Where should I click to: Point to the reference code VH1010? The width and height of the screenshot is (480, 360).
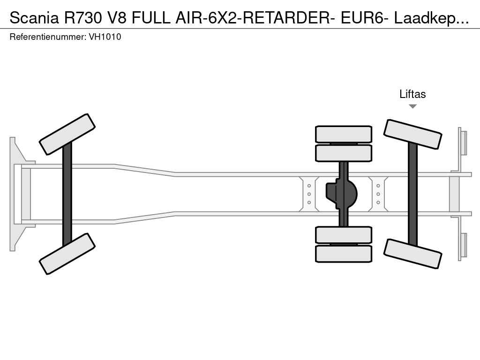(105, 37)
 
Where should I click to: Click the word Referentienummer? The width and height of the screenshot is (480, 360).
(47, 37)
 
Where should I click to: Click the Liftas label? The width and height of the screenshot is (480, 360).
(412, 94)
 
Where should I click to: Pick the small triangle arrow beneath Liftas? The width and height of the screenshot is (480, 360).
(412, 106)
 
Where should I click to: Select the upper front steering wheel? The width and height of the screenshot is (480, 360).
(67, 134)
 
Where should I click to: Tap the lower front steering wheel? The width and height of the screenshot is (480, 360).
(67, 254)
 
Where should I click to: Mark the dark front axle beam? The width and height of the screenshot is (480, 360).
(67, 194)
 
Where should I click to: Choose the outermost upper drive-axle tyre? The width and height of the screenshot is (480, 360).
(344, 134)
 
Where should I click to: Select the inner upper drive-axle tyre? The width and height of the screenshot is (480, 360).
(344, 153)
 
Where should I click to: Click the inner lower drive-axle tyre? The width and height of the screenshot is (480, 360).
(344, 235)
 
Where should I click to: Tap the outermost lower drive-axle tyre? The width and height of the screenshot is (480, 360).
(344, 254)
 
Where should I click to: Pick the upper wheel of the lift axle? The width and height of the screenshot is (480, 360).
(412, 134)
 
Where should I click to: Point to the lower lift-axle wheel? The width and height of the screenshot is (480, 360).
(412, 254)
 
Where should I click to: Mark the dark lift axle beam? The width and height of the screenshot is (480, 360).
(412, 194)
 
